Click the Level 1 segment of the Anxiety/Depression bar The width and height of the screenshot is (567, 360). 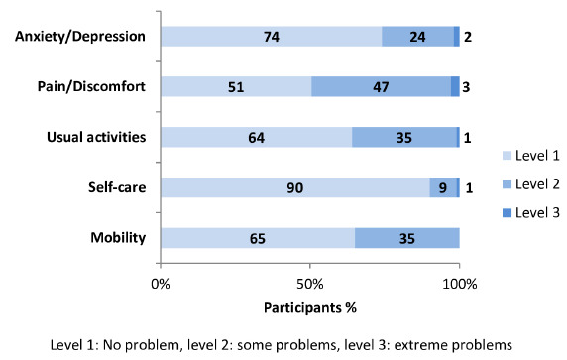tap(272, 36)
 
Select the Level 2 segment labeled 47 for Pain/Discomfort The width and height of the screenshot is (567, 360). tap(381, 86)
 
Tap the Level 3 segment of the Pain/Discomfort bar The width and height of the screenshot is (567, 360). tap(455, 86)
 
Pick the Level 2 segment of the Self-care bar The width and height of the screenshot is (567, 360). tap(443, 187)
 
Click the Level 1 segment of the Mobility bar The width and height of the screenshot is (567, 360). tap(258, 238)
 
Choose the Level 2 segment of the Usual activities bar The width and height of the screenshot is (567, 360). tap(404, 137)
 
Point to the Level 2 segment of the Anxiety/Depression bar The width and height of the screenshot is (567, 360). tap(417, 36)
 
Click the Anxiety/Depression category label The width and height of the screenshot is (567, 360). tap(80, 37)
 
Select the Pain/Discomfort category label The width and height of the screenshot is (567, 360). tap(91, 87)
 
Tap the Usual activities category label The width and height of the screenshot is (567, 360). tap(96, 137)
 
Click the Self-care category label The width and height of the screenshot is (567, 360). tap(117, 187)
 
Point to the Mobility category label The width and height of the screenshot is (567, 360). tap(118, 238)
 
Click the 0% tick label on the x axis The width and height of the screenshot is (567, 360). tap(161, 284)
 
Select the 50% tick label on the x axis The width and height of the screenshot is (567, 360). tap(310, 284)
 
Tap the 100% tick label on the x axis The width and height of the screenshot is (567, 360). tap(460, 284)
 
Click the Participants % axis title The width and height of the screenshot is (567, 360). tap(310, 307)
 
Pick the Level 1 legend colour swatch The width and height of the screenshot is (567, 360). tap(507, 156)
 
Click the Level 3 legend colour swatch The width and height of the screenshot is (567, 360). tap(507, 213)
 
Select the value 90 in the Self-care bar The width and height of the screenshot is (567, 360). tap(295, 187)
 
